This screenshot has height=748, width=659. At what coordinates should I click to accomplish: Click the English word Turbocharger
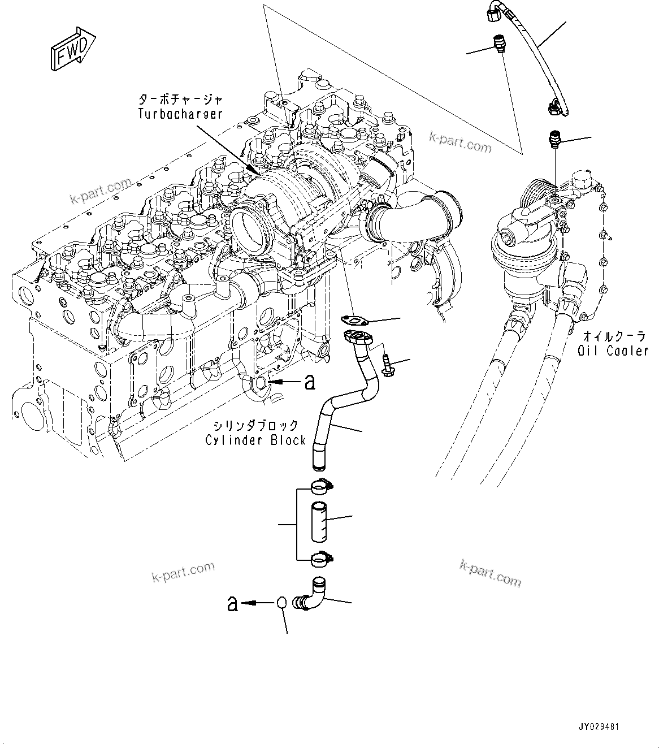click(x=180, y=114)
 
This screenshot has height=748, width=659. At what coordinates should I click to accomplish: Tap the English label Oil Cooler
click(x=613, y=351)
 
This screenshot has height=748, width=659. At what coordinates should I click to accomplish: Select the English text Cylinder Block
click(x=255, y=440)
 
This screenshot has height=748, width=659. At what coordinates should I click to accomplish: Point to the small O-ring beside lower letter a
click(x=283, y=603)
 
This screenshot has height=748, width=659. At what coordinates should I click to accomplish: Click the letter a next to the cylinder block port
click(x=309, y=383)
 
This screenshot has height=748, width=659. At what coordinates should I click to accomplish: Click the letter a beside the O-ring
click(x=232, y=603)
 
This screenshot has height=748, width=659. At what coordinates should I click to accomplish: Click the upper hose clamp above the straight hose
click(x=320, y=485)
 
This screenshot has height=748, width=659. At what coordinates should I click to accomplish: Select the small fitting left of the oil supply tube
click(x=498, y=44)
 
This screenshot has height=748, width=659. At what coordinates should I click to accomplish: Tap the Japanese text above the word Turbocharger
click(x=180, y=100)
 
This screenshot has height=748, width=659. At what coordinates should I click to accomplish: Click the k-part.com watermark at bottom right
click(x=491, y=572)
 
